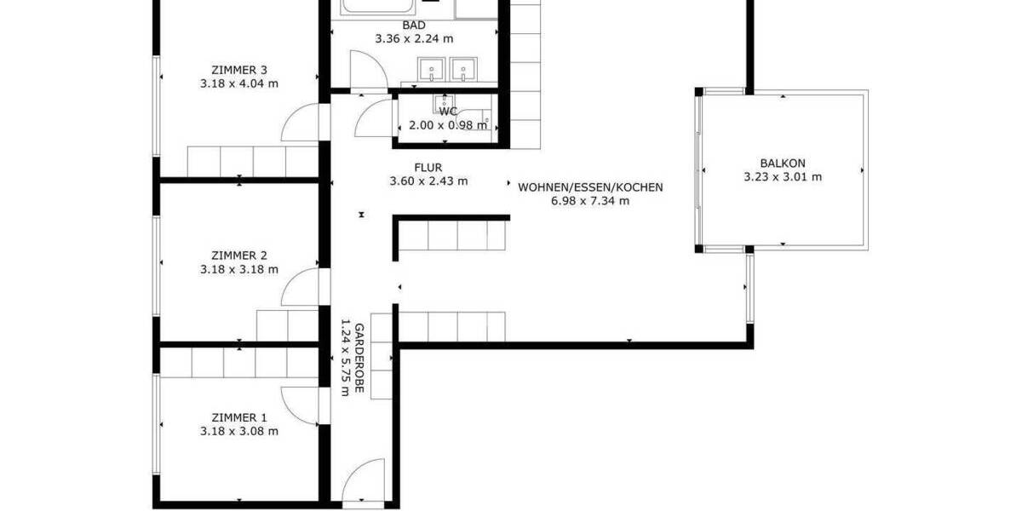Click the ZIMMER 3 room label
(239, 70)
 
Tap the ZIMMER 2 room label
(239, 255)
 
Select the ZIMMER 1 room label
(239, 417)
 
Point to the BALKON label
(782, 163)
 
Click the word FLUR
(428, 168)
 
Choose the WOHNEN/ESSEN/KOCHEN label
(590, 187)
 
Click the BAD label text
(414, 26)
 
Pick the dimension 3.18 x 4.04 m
(239, 83)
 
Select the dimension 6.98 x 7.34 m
(590, 201)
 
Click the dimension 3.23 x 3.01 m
(782, 176)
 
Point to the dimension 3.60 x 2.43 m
(428, 181)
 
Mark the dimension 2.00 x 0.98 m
(448, 124)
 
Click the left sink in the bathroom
(430, 67)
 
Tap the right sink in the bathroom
(463, 67)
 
